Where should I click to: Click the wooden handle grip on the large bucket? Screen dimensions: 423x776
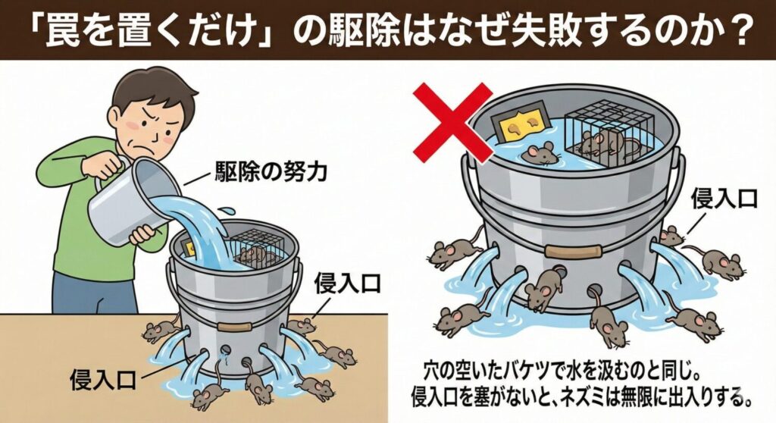pyautogui.click(x=574, y=250)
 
